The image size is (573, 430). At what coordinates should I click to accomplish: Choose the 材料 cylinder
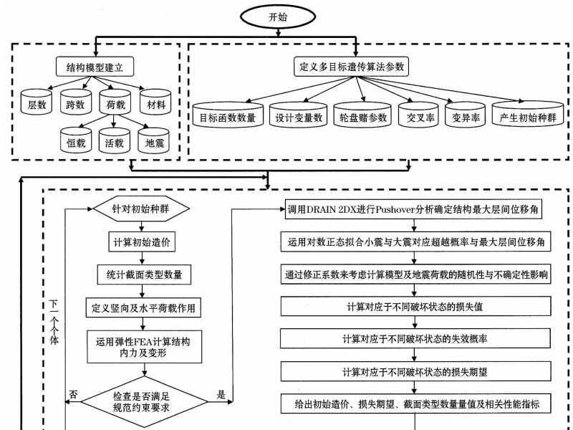pos(155,105)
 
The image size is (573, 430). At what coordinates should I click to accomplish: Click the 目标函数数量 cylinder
pos(228,115)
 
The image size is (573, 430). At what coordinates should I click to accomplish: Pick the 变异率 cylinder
pos(462,115)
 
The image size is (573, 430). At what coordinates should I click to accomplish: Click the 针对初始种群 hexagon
pos(140,209)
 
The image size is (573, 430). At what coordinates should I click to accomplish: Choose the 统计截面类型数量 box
pos(140,273)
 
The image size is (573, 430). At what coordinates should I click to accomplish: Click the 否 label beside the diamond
pos(72,394)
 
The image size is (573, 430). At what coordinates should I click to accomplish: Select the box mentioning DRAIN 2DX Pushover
pos(417,209)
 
